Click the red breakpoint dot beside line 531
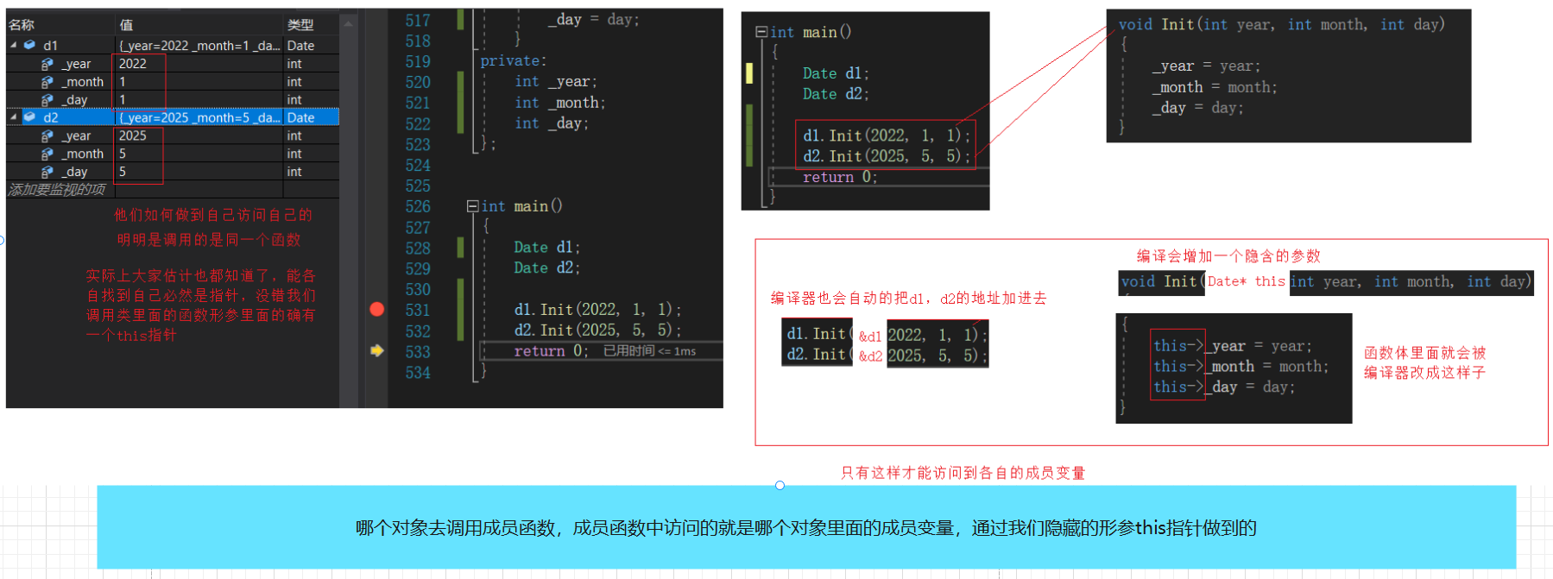click(x=377, y=309)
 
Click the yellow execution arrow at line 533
click(x=377, y=350)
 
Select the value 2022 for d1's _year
click(x=133, y=64)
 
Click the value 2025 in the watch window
click(x=133, y=135)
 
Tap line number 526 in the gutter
click(x=418, y=207)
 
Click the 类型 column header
click(x=300, y=25)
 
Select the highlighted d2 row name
click(x=51, y=117)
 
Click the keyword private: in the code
click(x=514, y=61)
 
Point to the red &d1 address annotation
click(x=870, y=337)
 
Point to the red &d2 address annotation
click(x=870, y=356)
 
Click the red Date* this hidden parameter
click(x=1246, y=281)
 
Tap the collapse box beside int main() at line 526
click(x=472, y=206)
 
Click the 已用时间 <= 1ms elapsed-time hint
click(x=649, y=351)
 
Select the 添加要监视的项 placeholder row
click(x=57, y=190)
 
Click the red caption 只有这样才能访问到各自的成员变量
click(x=963, y=473)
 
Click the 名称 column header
click(x=22, y=25)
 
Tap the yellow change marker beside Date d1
click(x=749, y=73)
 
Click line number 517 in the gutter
click(x=418, y=21)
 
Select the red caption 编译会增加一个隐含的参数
click(x=1228, y=256)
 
